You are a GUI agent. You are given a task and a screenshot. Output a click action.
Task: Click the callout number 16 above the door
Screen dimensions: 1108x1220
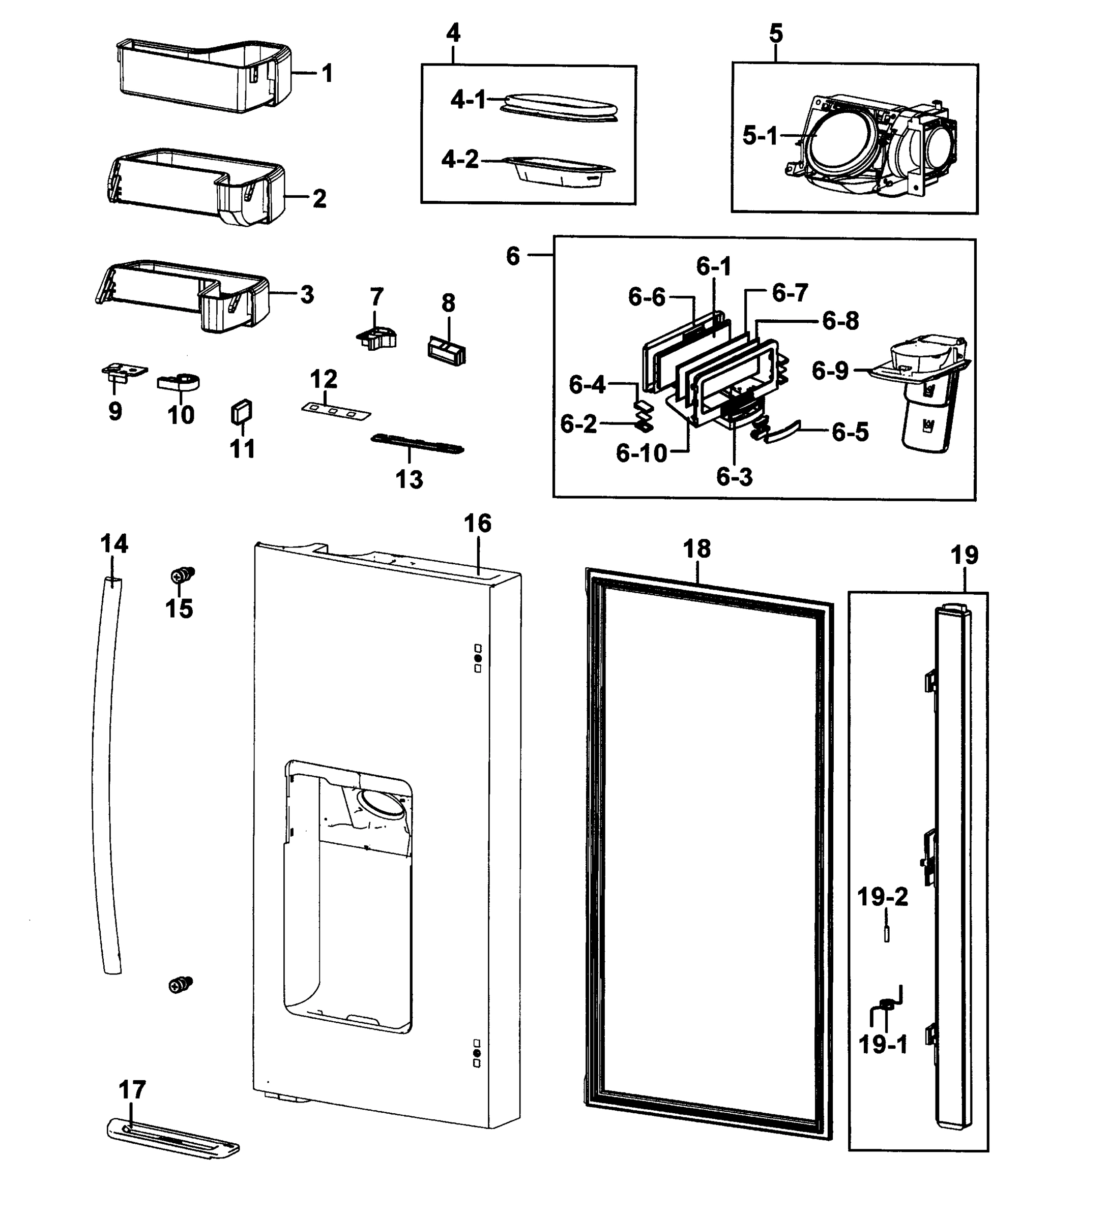(477, 524)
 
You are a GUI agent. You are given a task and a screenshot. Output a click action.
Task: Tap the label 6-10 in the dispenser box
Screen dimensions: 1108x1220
(641, 453)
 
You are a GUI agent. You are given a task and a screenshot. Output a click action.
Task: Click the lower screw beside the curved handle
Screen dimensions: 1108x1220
(181, 985)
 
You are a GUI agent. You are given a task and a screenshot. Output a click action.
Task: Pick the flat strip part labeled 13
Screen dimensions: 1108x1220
(418, 444)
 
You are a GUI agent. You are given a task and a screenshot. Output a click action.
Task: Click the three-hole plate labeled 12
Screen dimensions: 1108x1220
(335, 412)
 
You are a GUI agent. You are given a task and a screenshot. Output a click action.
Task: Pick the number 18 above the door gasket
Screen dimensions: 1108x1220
(696, 550)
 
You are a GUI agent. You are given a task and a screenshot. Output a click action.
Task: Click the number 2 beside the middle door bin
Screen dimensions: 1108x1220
(319, 198)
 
